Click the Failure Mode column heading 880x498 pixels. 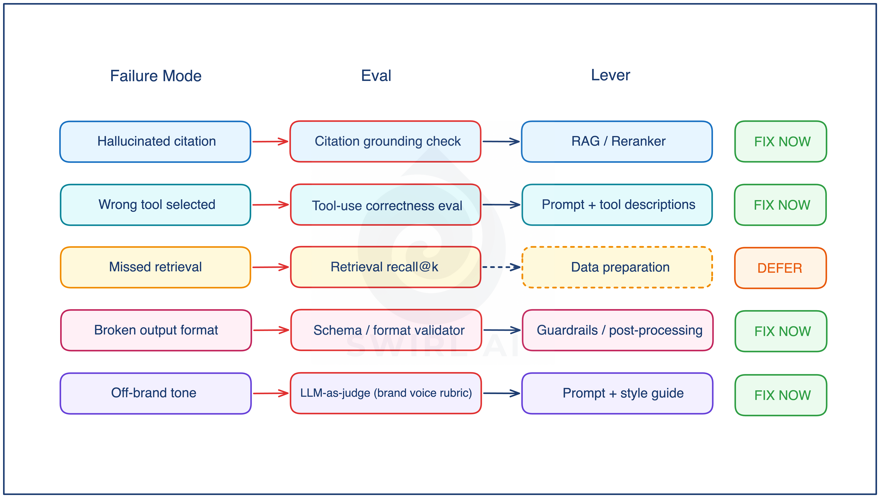click(156, 76)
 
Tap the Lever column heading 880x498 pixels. click(611, 75)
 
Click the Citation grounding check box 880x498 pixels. click(385, 141)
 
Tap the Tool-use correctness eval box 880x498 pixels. click(386, 205)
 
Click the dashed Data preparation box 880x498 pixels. click(617, 267)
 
